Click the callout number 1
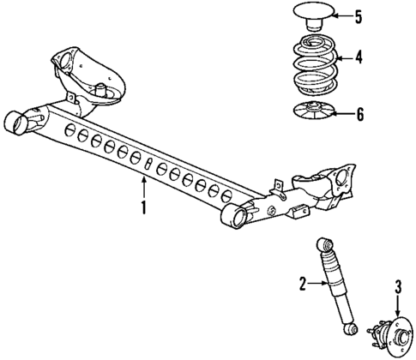coord(144,207)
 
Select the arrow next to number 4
coord(343,59)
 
